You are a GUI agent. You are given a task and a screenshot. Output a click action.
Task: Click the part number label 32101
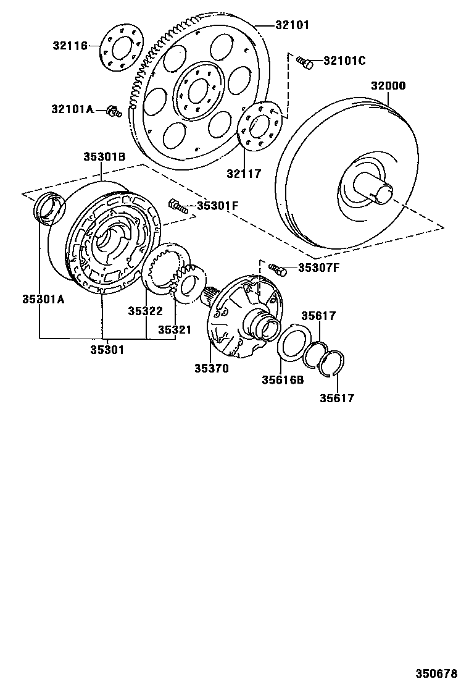click(293, 25)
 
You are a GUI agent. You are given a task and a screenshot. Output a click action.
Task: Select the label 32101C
click(344, 61)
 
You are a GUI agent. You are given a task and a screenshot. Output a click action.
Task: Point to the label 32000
click(388, 86)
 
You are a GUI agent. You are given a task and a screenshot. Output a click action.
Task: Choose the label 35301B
click(104, 157)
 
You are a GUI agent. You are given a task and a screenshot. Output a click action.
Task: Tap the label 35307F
click(318, 268)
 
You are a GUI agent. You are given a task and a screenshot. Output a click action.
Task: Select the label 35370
click(212, 368)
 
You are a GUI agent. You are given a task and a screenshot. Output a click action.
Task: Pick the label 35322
click(145, 311)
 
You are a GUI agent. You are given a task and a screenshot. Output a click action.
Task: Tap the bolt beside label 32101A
click(112, 111)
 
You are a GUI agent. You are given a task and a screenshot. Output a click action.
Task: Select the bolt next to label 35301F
click(176, 205)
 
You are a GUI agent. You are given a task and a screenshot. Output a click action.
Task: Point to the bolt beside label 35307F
click(278, 269)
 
